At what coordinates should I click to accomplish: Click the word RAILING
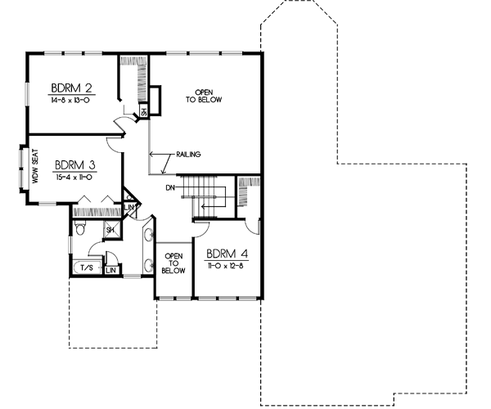[188, 155]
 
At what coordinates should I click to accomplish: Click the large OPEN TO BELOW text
[209, 95]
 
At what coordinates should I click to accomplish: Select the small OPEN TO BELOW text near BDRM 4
[173, 261]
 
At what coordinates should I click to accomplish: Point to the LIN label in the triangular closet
[129, 208]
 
